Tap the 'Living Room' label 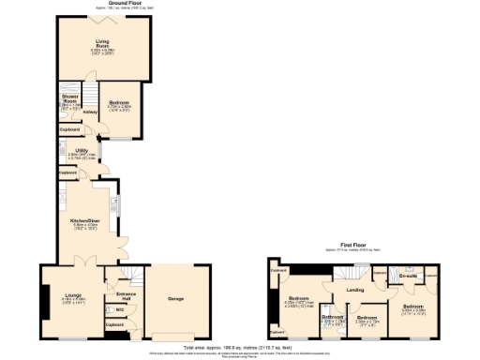coord(102,43)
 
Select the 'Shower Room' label coord(69,98)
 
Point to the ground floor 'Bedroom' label coord(118,104)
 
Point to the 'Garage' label coord(174,299)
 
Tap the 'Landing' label coord(354,289)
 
